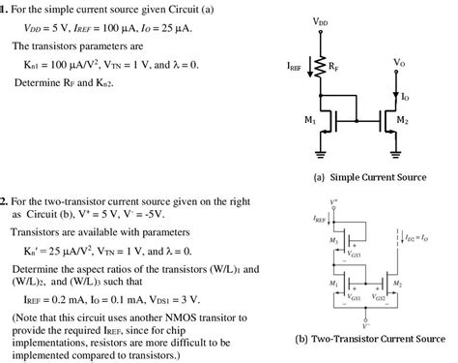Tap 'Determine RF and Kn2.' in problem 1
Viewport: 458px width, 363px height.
[64, 84]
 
